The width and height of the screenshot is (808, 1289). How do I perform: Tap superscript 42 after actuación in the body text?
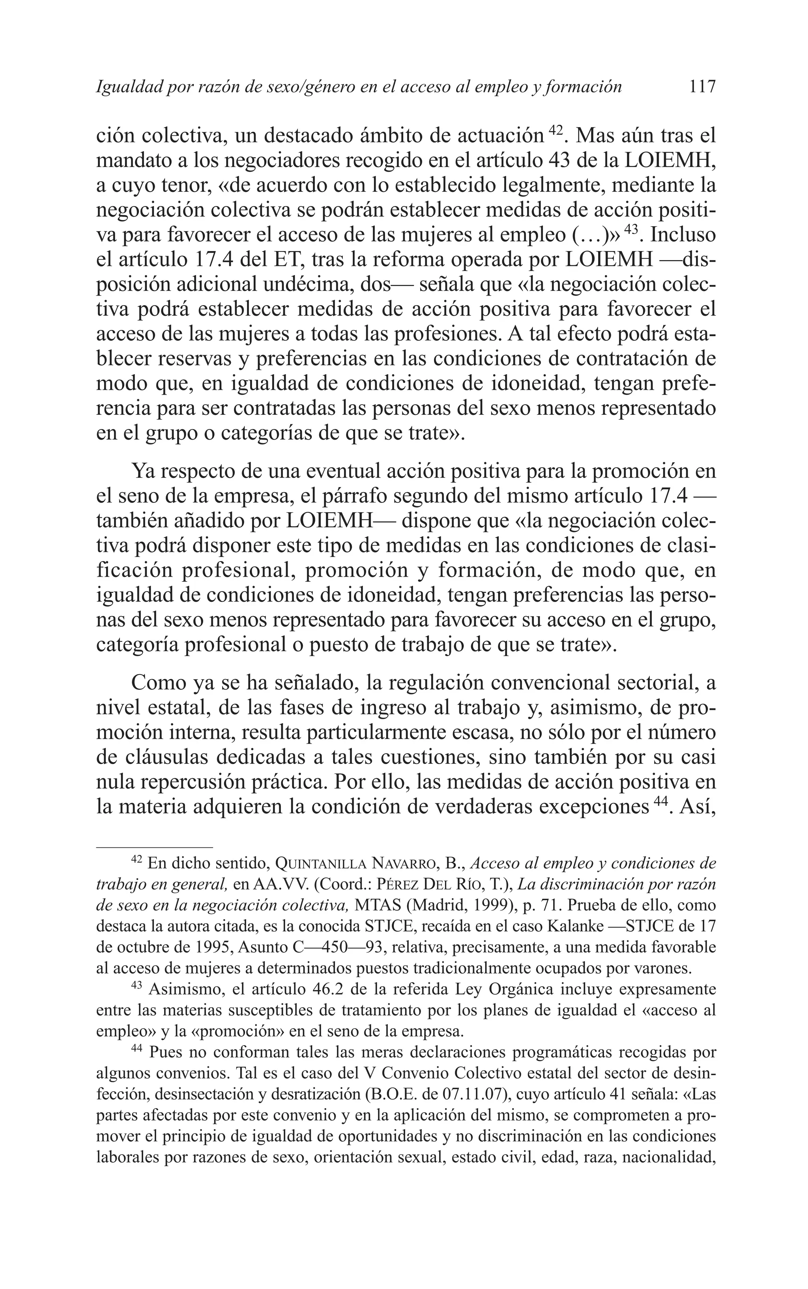coord(556,130)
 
